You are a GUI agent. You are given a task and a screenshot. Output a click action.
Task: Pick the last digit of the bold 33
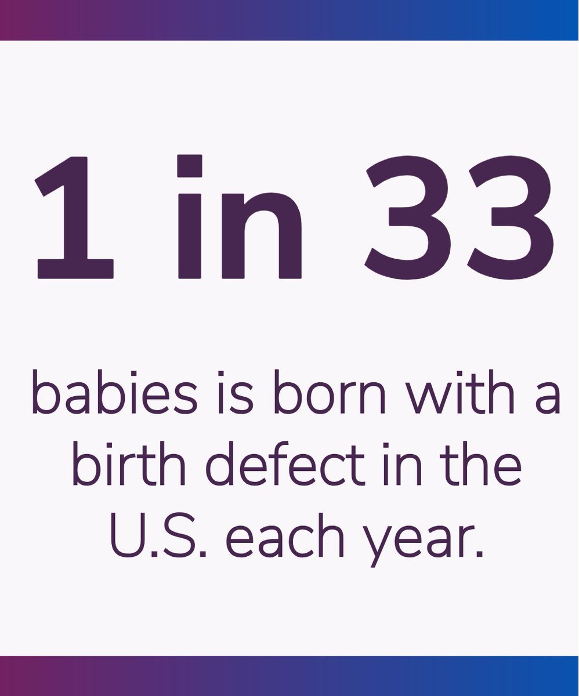[511, 215]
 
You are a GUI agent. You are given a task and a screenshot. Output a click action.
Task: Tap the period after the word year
[480, 552]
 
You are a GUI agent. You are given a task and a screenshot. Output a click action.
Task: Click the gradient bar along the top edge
[289, 20]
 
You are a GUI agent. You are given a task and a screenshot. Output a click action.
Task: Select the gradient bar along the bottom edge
[289, 676]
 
